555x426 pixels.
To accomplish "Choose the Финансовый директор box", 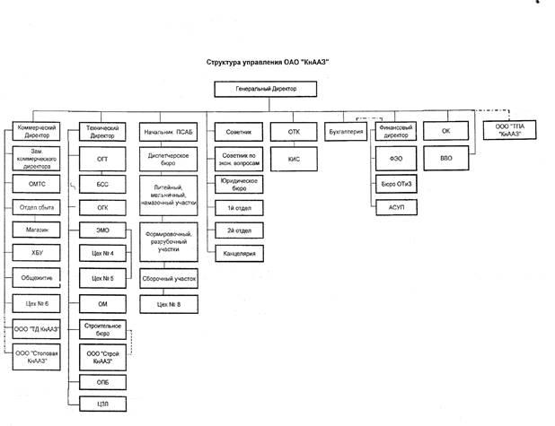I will coord(395,132).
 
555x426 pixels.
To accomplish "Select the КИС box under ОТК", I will coord(293,158).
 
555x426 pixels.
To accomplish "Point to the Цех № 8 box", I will coord(169,305).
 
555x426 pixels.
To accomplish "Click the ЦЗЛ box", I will coord(103,403).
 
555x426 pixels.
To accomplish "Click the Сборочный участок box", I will coord(169,279).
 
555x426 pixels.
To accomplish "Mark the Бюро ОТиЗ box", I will coord(395,183).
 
